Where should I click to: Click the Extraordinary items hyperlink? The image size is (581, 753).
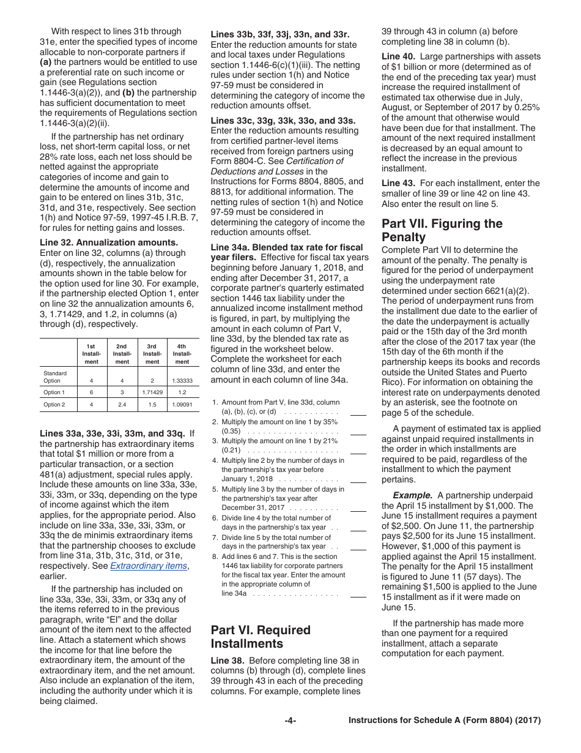click(x=149, y=566)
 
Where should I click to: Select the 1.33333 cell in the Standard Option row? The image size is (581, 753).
click(x=182, y=381)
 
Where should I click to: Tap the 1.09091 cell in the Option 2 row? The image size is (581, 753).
click(x=182, y=404)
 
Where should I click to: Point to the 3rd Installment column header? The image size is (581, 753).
click(x=152, y=354)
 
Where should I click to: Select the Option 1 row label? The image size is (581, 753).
click(x=53, y=392)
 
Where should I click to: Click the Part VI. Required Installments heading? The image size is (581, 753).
click(x=261, y=637)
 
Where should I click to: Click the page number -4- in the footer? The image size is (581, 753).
click(x=290, y=721)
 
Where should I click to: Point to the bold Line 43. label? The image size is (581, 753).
click(x=399, y=183)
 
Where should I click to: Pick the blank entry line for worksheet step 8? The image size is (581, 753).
click(x=358, y=596)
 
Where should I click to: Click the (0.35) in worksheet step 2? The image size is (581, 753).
click(x=231, y=431)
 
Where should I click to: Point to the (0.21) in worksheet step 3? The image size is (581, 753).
click(x=231, y=450)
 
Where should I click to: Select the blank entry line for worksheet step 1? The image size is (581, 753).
click(x=358, y=414)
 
